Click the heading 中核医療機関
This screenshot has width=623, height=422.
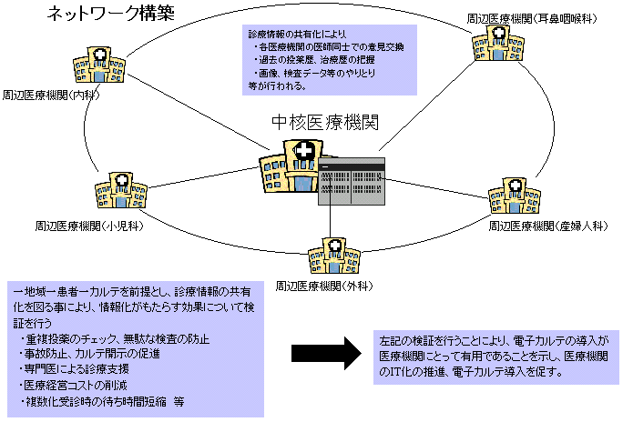(x=325, y=123)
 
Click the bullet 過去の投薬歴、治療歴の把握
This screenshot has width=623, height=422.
(x=319, y=58)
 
